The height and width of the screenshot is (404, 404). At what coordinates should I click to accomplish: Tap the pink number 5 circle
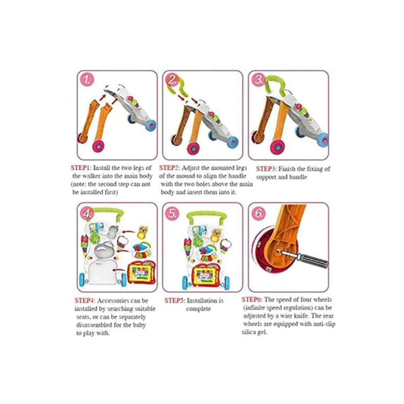pyautogui.click(x=172, y=214)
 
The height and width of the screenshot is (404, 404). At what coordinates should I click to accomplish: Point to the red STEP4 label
pyautogui.click(x=85, y=301)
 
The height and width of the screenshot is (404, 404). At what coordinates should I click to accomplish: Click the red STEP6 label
pyautogui.click(x=252, y=300)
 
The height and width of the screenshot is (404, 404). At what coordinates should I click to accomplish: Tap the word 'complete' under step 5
pyautogui.click(x=198, y=309)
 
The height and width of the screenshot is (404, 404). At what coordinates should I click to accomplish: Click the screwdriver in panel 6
pyautogui.click(x=304, y=259)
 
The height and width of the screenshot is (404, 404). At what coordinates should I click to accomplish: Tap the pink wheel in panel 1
pyautogui.click(x=100, y=147)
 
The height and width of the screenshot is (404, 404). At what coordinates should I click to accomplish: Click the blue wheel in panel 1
pyautogui.click(x=151, y=125)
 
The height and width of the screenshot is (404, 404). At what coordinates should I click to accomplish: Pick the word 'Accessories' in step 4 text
pyautogui.click(x=113, y=301)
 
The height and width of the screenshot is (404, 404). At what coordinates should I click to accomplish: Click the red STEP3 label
pyautogui.click(x=266, y=169)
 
